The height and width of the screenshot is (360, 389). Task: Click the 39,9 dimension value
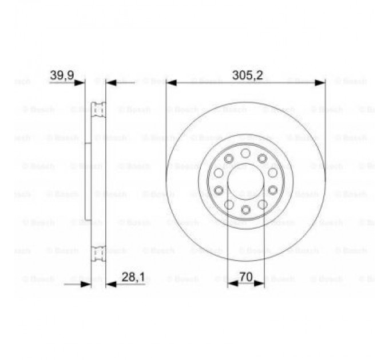click(62, 75)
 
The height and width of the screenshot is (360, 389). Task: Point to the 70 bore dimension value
click(245, 277)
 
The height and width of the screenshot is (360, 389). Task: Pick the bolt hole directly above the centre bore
click(245, 153)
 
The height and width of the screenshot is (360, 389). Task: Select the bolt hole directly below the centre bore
click(245, 210)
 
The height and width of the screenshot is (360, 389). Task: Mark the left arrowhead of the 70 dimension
click(231, 283)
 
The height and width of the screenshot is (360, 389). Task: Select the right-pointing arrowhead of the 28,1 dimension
click(88, 283)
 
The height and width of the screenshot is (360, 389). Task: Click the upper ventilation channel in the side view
click(99, 109)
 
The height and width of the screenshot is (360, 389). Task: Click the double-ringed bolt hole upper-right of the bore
click(262, 158)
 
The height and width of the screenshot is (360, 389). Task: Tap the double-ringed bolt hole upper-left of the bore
click(229, 158)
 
